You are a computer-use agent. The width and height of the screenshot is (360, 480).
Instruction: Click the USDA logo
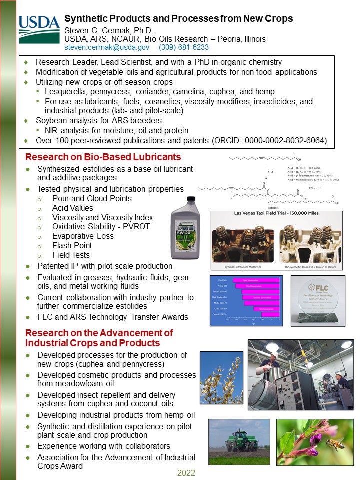pos(39,29)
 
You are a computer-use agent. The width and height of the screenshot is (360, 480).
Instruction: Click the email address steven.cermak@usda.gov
pos(107,47)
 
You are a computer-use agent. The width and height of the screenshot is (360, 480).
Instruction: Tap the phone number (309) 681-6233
pos(183,47)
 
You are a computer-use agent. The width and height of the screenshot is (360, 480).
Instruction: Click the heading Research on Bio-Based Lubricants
pos(103,157)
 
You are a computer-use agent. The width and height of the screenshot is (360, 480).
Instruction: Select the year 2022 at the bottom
pos(186,473)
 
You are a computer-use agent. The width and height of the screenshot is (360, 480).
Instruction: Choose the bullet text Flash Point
pos(72,245)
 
